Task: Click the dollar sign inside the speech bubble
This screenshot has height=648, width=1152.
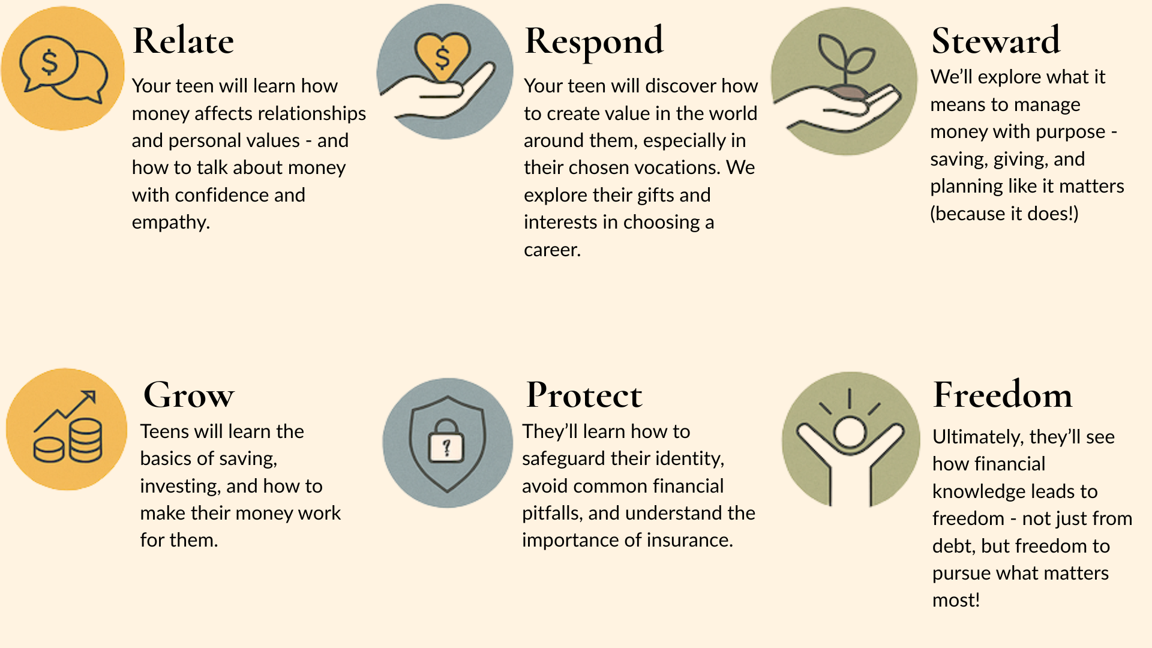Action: pyautogui.click(x=49, y=62)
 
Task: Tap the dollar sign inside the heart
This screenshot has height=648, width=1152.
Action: pyautogui.click(x=442, y=58)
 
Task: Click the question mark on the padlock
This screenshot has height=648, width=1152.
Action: pyautogui.click(x=446, y=447)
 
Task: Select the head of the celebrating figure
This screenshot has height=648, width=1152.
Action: pyautogui.click(x=850, y=432)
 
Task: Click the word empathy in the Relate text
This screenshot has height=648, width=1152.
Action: pyautogui.click(x=170, y=223)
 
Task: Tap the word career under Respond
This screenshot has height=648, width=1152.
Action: pyautogui.click(x=551, y=250)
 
